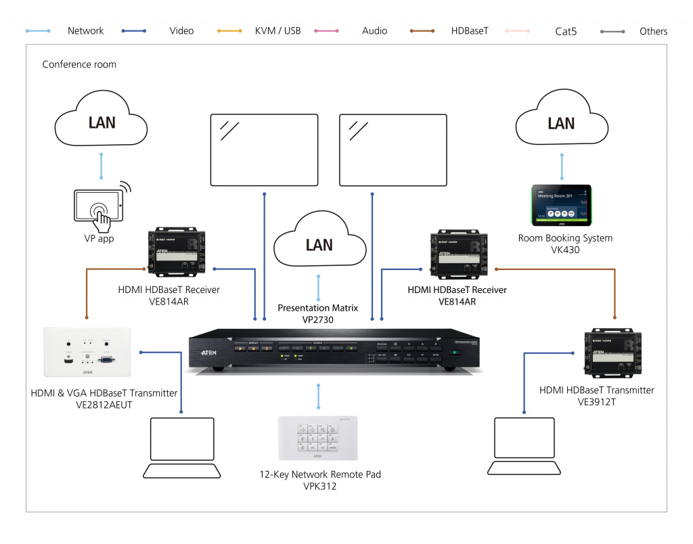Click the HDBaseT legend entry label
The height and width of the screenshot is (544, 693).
(469, 31)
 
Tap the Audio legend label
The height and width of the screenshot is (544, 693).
(374, 31)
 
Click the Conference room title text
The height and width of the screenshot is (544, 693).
(79, 64)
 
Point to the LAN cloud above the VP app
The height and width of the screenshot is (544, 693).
(102, 122)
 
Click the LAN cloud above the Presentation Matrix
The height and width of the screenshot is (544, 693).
(319, 243)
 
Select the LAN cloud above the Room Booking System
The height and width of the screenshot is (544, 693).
(561, 122)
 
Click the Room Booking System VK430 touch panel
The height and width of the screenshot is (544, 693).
(560, 205)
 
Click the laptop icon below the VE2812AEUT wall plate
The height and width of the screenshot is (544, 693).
(182, 447)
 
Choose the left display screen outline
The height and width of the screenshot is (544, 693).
(264, 150)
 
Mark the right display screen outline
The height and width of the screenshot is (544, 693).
(393, 150)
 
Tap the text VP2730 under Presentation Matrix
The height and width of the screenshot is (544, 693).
(318, 319)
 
